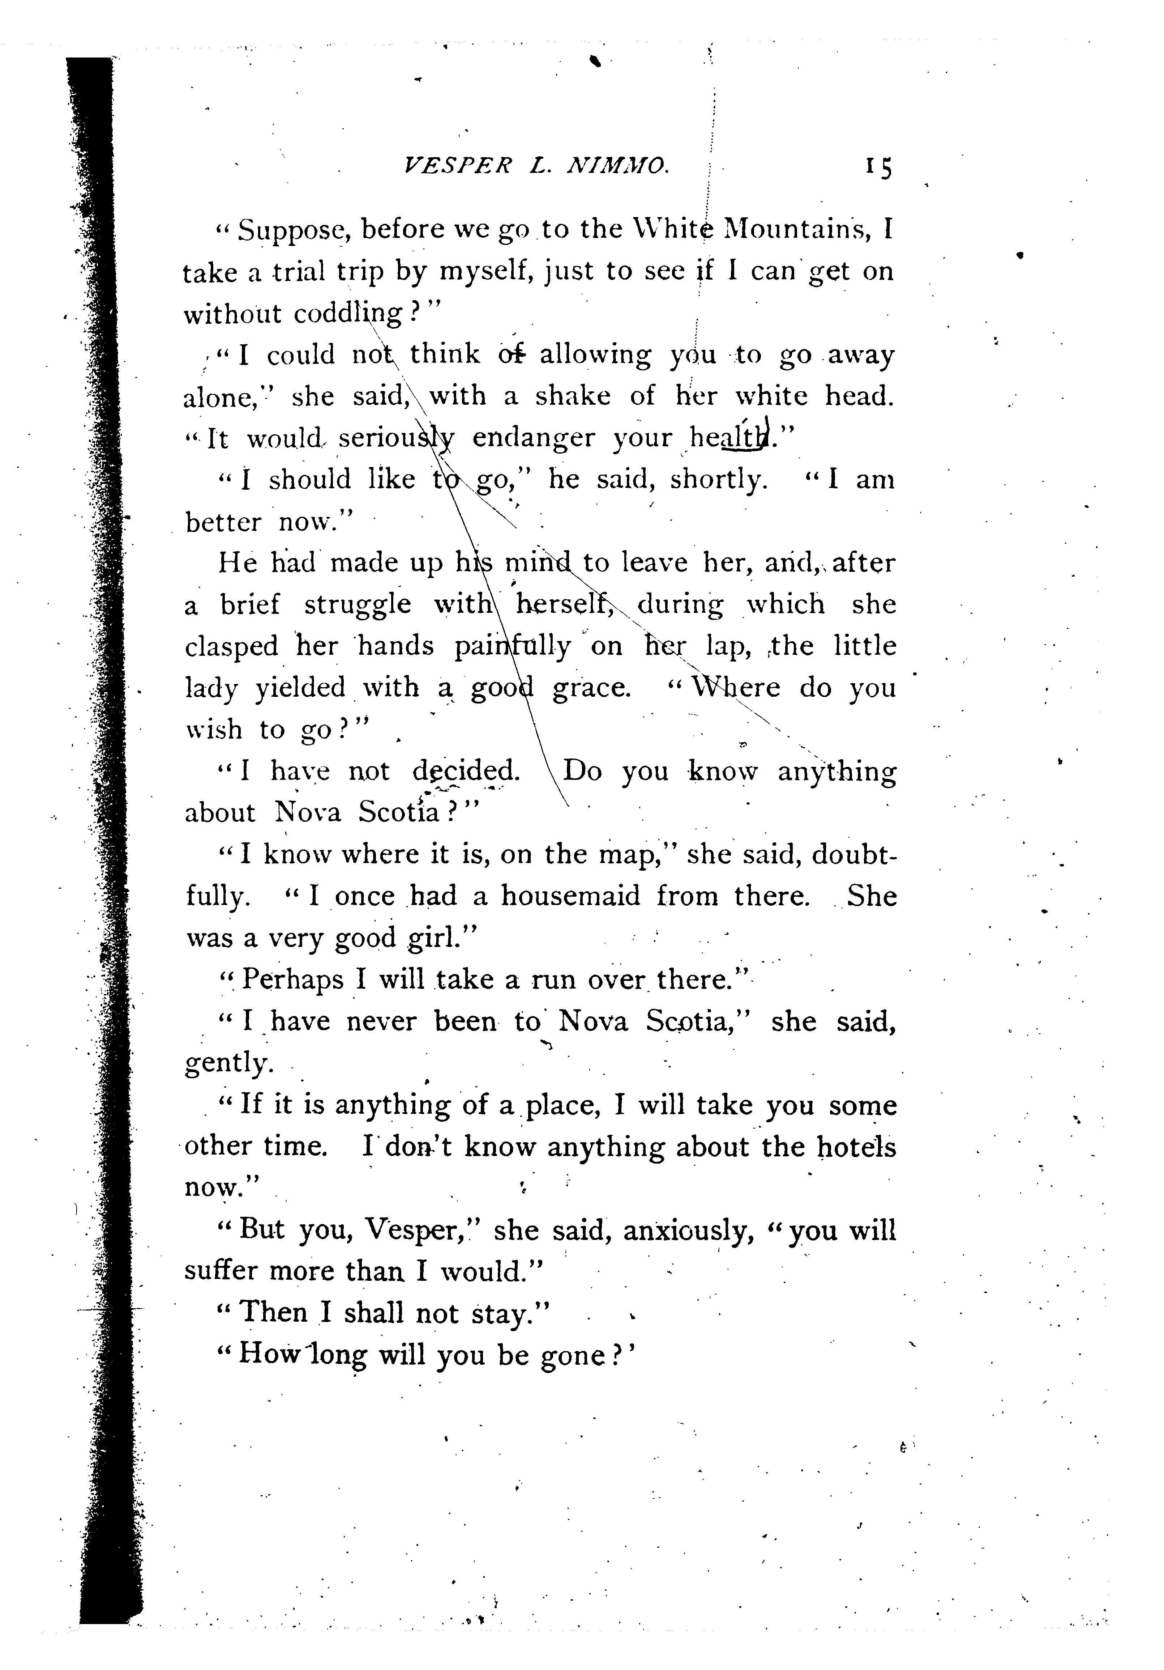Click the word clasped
click(x=231, y=646)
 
